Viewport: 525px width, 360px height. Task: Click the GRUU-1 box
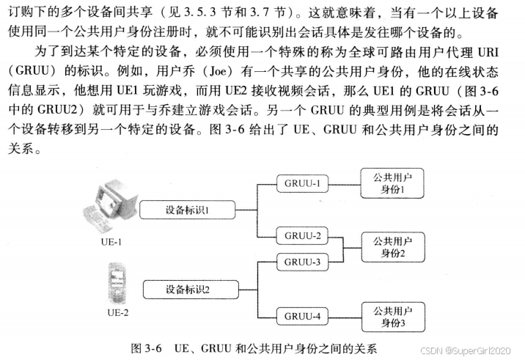pos(303,183)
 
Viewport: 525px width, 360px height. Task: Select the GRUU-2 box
pos(303,236)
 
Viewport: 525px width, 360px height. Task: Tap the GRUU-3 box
pos(303,262)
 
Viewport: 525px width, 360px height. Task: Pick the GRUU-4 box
pos(303,316)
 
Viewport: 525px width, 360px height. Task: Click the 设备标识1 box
pos(187,210)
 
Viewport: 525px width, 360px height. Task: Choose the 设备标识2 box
pos(187,289)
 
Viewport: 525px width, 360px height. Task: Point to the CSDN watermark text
pos(477,346)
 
